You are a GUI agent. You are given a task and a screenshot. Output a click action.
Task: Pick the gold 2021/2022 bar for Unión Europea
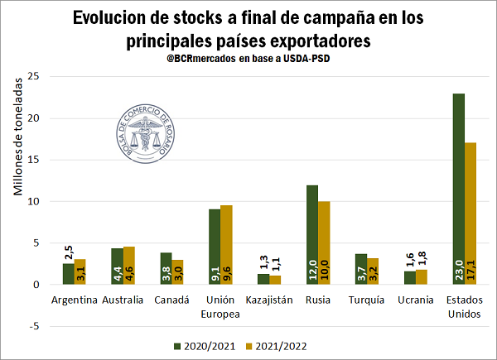point(226,244)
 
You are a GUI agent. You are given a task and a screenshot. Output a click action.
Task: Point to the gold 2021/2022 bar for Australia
point(129,265)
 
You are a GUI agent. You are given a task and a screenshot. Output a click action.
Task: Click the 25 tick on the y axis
point(33,76)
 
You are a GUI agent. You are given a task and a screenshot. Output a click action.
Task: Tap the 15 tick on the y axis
point(33,160)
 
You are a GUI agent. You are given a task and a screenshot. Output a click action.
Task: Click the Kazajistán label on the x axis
point(269,300)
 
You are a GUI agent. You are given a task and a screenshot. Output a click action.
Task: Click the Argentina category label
point(75,300)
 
